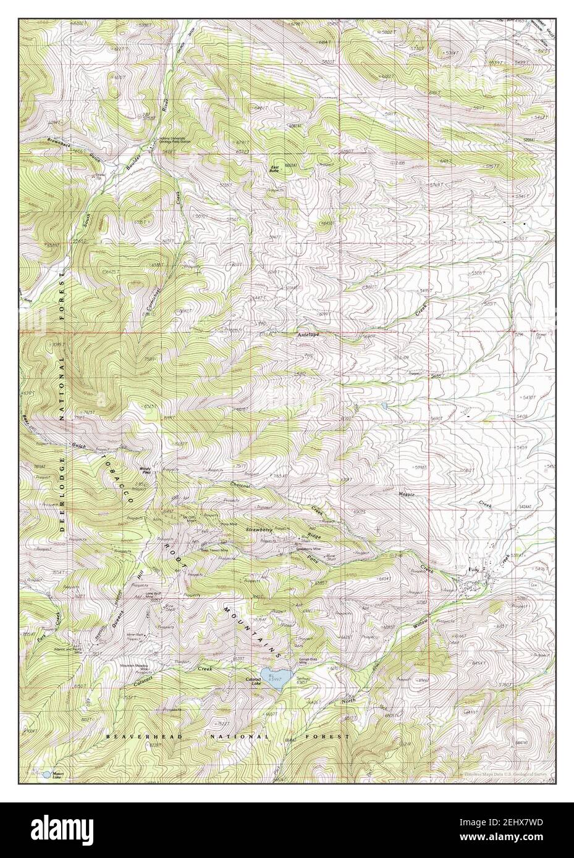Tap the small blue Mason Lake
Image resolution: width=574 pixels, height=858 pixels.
click(x=47, y=773)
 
